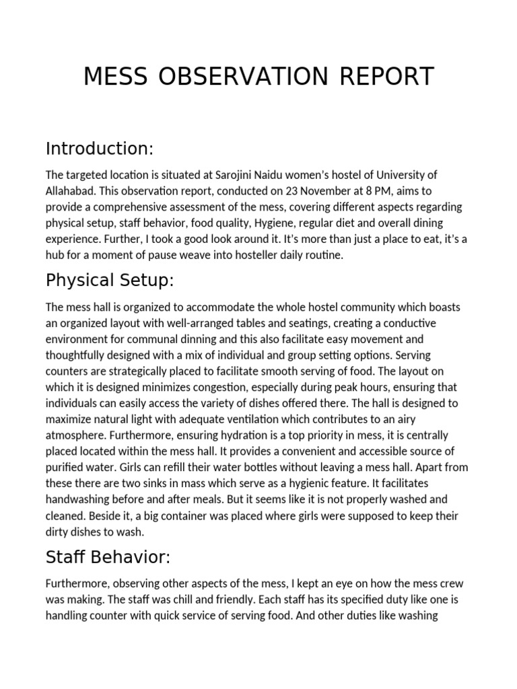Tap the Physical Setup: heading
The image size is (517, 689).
[110, 279]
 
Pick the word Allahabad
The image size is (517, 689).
[73, 191]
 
